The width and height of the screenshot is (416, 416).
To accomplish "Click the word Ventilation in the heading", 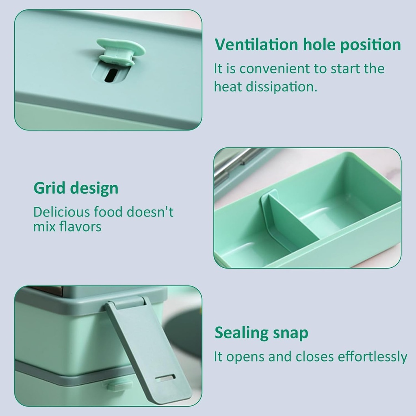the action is pyautogui.click(x=256, y=45).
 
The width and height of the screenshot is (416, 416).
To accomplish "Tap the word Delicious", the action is pyautogui.click(x=62, y=212).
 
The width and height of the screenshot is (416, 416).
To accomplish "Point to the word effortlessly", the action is pyautogui.click(x=372, y=357).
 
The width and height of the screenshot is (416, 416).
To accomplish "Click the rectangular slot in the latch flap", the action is pyautogui.click(x=165, y=378).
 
